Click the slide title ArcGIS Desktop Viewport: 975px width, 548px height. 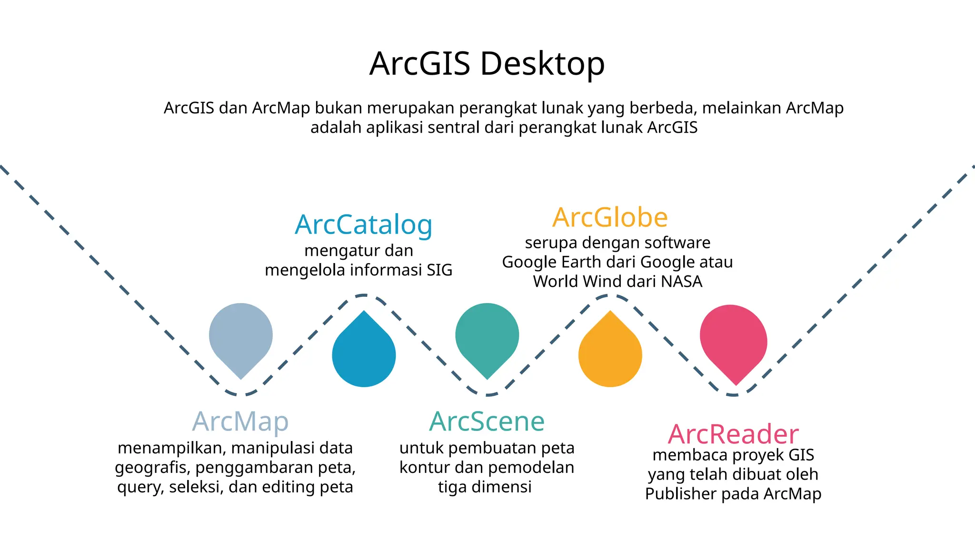(487, 63)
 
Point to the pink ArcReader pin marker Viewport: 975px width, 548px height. (733, 340)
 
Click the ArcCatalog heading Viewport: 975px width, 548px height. (363, 225)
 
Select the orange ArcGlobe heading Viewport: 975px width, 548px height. (610, 217)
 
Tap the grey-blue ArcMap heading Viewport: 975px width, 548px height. (240, 421)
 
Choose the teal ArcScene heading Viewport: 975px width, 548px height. (487, 421)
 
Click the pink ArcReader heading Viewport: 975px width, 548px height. (733, 434)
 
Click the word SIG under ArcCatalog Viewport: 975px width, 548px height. (439, 270)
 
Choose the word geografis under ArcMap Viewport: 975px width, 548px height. (152, 468)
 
